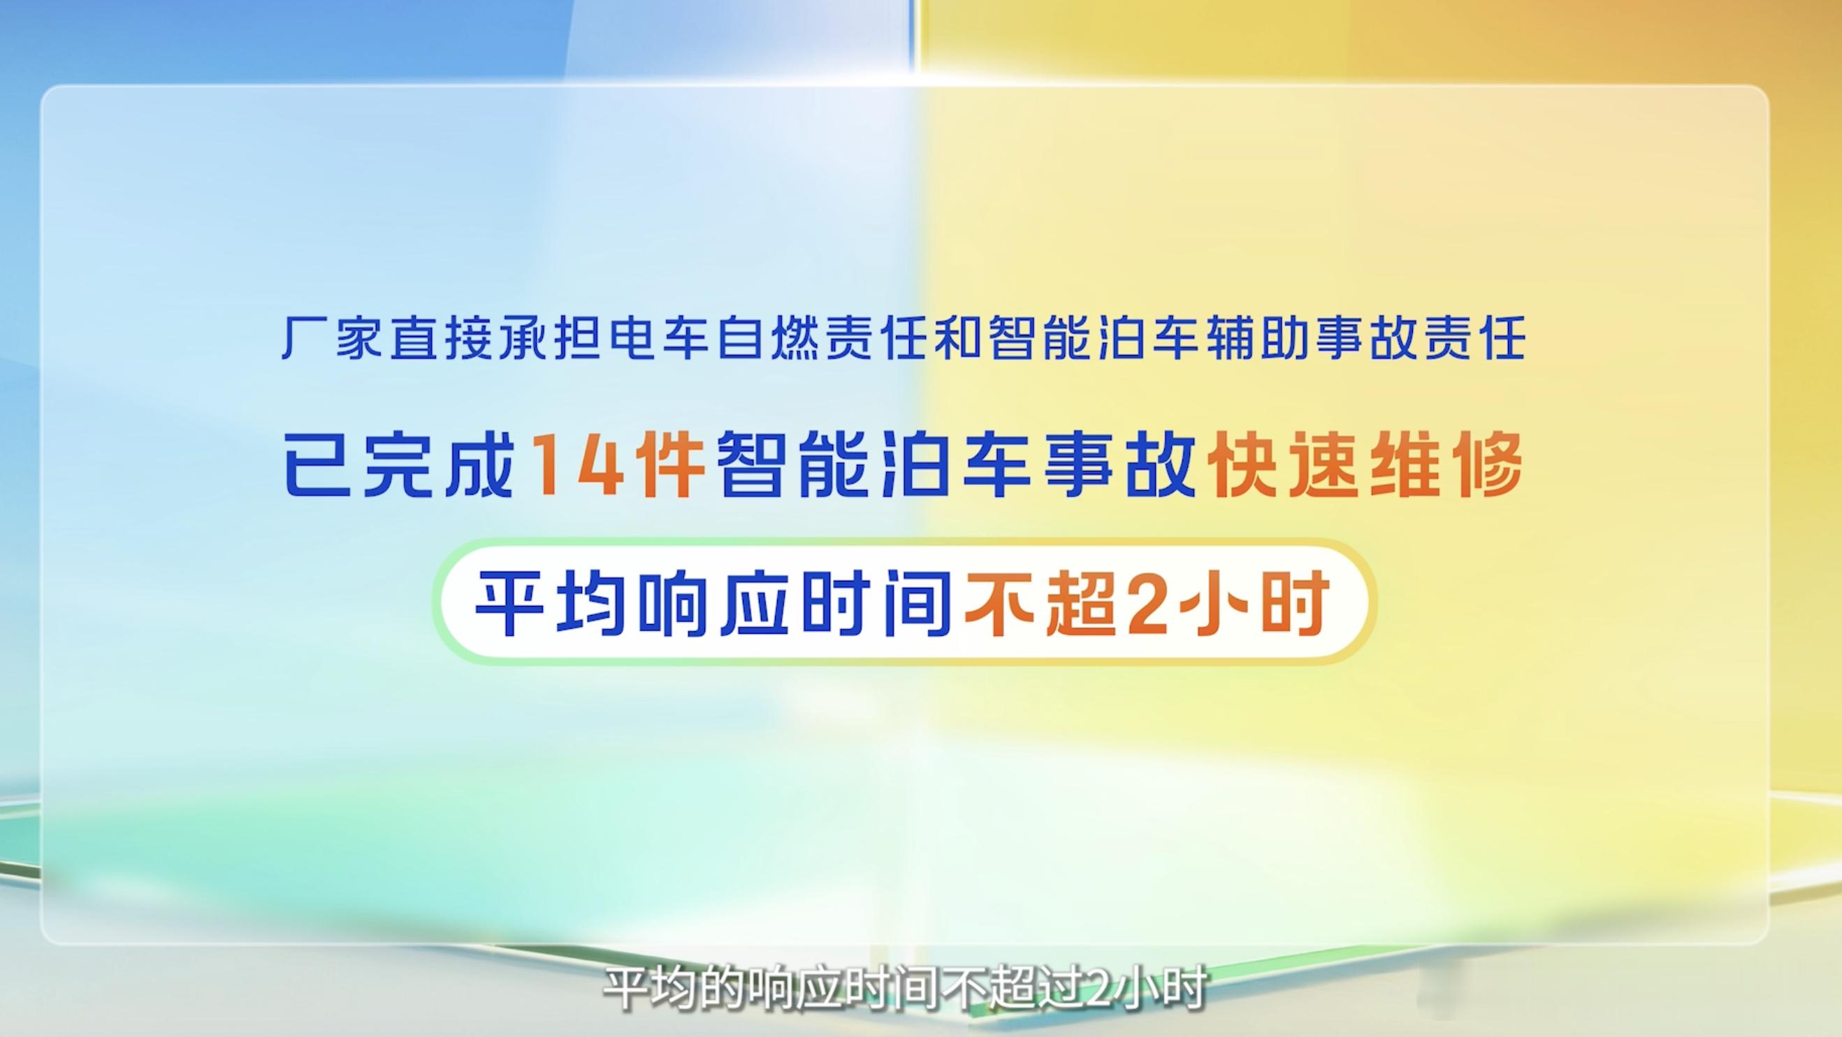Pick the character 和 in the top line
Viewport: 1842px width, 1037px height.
click(962, 338)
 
